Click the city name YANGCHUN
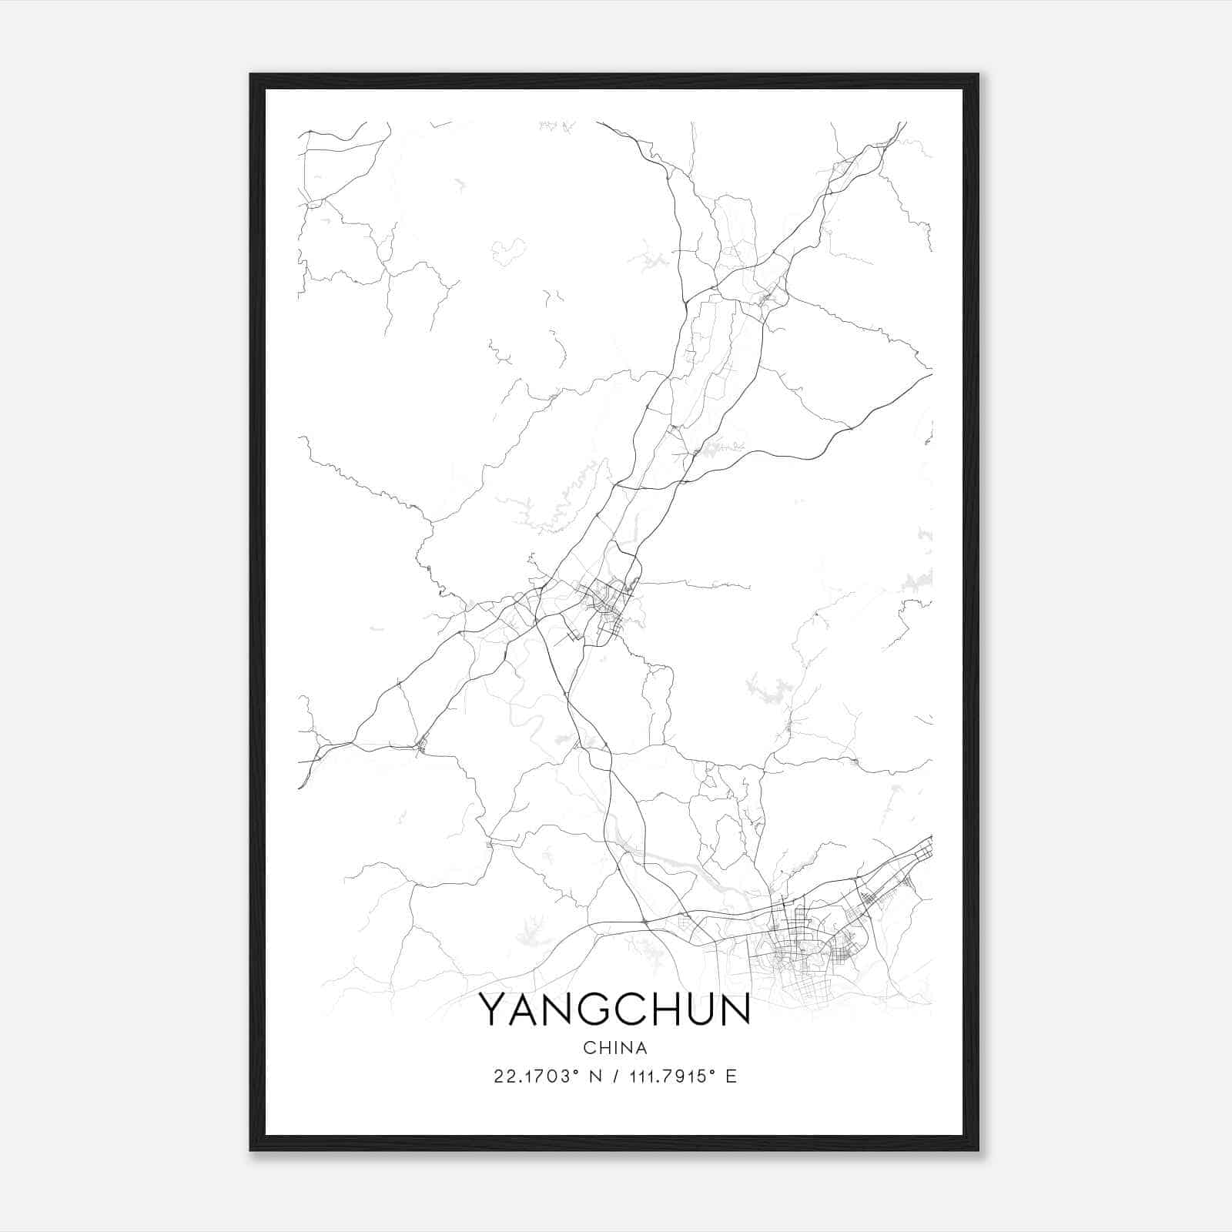(614, 1010)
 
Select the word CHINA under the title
(615, 1048)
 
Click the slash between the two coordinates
(614, 1076)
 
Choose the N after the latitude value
(594, 1076)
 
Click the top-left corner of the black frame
(251, 75)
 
